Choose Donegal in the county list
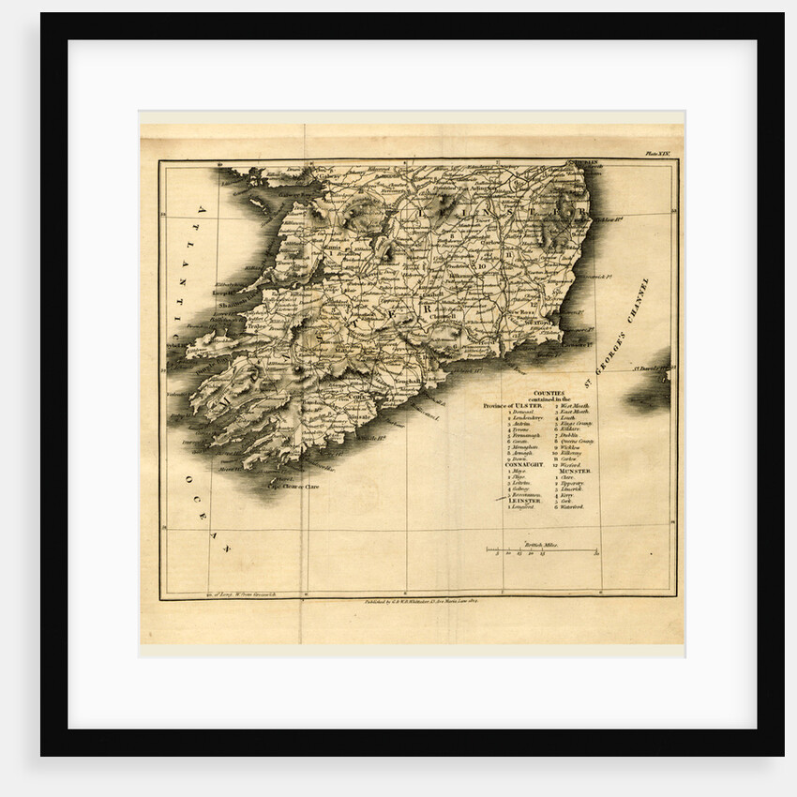pos(522,413)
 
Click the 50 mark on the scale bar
pos(596,555)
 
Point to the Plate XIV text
pos(658,152)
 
